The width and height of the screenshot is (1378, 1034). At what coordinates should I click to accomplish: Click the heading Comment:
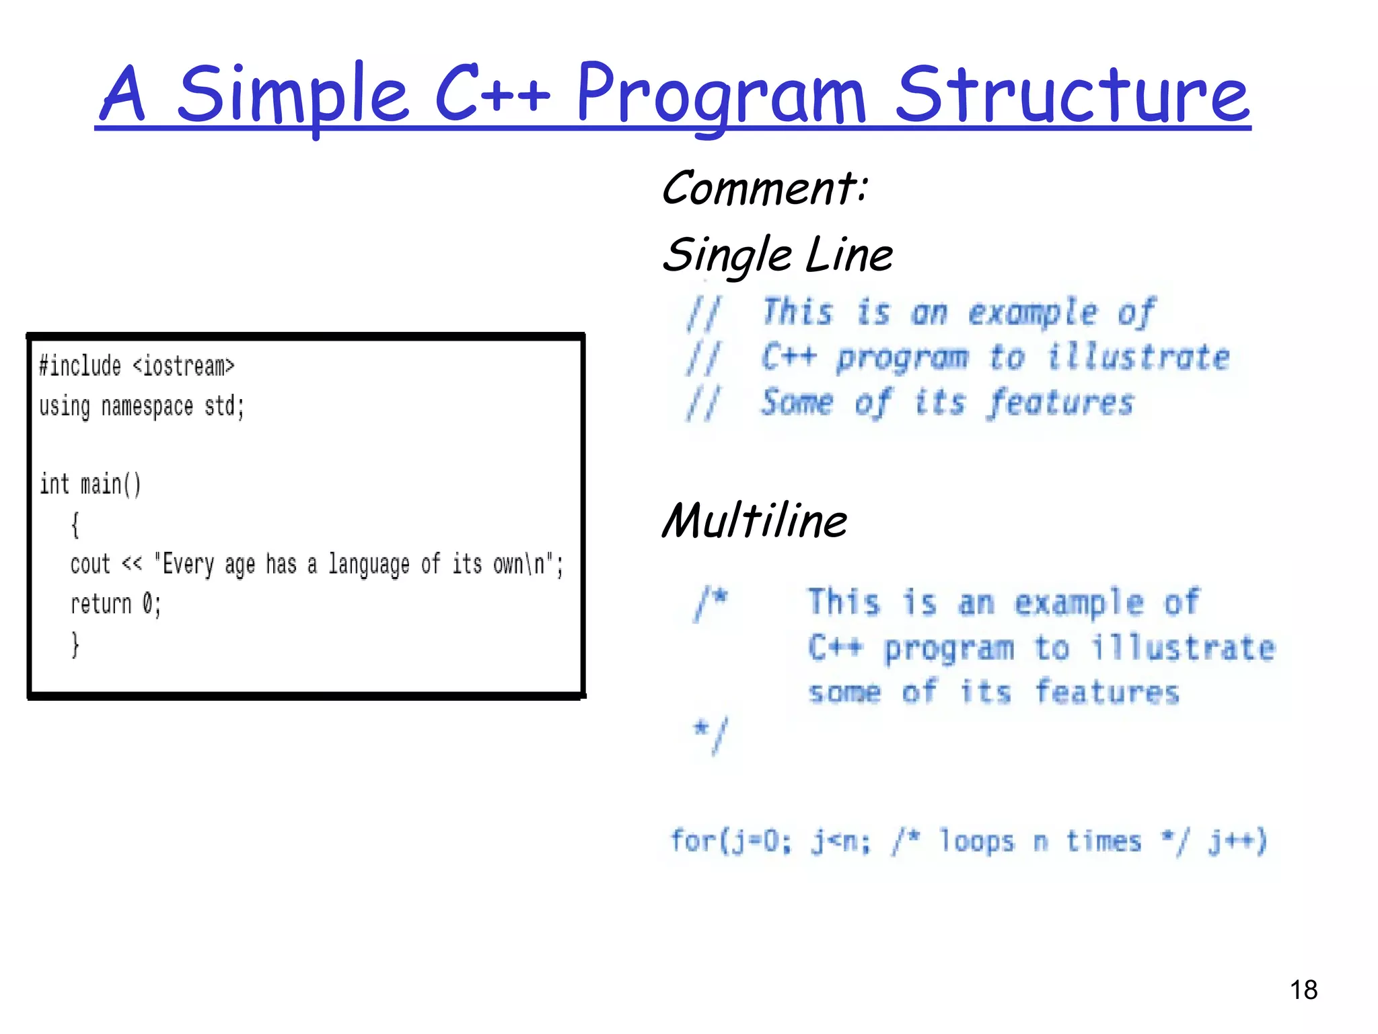click(765, 188)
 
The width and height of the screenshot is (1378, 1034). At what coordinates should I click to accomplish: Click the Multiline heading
click(754, 521)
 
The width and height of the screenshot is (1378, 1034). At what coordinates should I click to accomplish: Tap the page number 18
click(1303, 990)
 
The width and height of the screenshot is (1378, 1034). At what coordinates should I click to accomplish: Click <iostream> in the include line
click(183, 366)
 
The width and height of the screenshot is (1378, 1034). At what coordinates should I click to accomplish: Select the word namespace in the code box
click(147, 407)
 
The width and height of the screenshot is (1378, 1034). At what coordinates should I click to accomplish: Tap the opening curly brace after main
click(75, 524)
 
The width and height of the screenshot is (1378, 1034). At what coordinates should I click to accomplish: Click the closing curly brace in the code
click(75, 644)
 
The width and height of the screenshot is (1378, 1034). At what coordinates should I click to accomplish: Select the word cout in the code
click(90, 564)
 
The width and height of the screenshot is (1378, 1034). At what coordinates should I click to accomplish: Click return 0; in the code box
click(116, 604)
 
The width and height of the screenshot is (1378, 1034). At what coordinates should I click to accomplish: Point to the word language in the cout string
click(369, 564)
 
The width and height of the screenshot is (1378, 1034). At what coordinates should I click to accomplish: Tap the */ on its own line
click(711, 734)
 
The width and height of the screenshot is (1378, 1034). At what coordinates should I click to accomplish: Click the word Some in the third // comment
click(797, 403)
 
